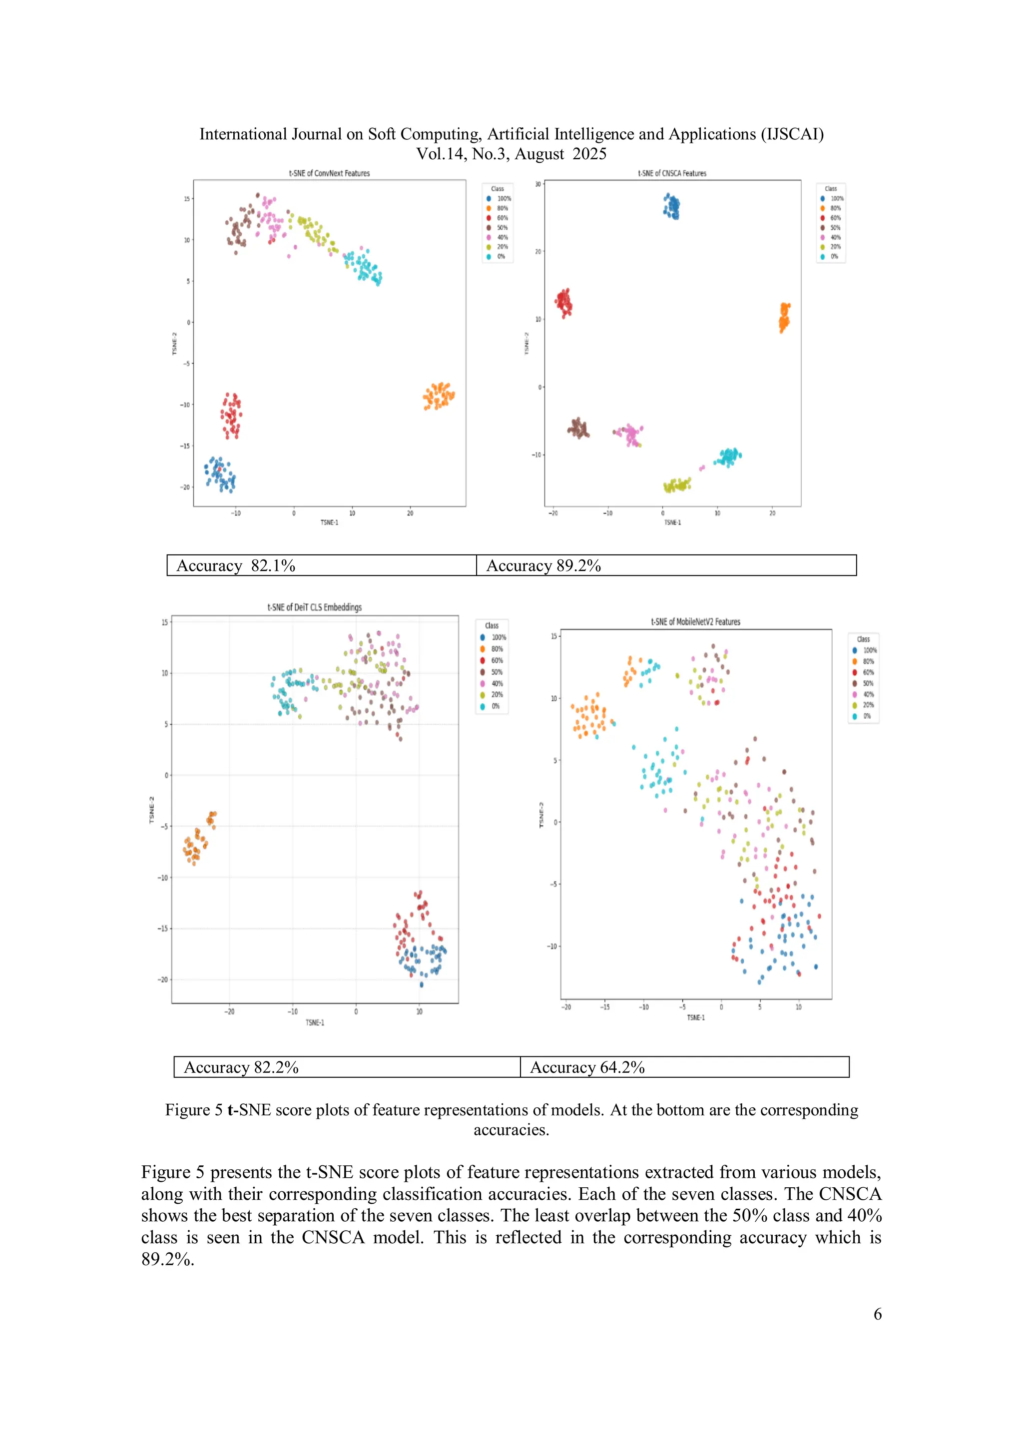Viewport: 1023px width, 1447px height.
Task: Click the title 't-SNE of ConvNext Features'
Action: [329, 173]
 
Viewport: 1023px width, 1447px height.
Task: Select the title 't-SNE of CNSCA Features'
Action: [672, 173]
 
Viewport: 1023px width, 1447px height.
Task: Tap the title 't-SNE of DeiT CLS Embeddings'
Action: [315, 607]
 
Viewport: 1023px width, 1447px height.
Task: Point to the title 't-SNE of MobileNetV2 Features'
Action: [695, 622]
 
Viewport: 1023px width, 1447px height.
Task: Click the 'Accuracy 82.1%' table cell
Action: [322, 565]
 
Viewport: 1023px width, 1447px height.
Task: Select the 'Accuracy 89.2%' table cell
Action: [666, 565]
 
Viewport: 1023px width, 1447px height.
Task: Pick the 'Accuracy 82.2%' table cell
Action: [347, 1067]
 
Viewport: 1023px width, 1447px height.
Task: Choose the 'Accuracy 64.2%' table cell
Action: [684, 1067]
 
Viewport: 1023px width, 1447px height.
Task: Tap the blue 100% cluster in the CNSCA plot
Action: [672, 206]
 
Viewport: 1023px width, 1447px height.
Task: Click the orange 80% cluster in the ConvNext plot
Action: [439, 396]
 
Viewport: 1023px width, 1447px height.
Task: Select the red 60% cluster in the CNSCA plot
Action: [564, 303]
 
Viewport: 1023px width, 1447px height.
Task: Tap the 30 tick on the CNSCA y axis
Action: [537, 184]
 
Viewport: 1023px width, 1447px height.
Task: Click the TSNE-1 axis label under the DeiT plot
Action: [315, 1023]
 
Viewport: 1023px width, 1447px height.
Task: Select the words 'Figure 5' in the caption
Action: [193, 1110]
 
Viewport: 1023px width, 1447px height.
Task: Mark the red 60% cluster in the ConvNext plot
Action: [231, 415]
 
